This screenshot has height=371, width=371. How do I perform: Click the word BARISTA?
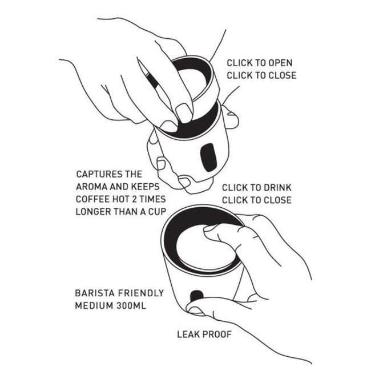pyautogui.click(x=95, y=293)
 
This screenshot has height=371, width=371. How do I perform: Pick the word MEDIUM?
pyautogui.click(x=94, y=305)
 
